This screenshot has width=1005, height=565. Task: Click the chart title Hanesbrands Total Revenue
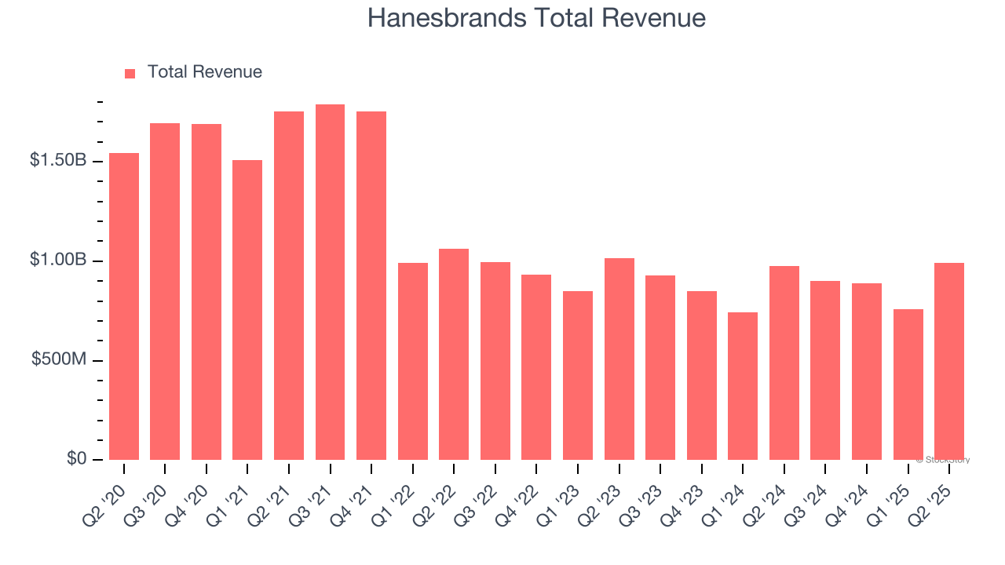(x=536, y=18)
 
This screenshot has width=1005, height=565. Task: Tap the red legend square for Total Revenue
(x=130, y=73)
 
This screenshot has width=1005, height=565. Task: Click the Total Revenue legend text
(x=204, y=72)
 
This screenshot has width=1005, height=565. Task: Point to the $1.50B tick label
(x=58, y=160)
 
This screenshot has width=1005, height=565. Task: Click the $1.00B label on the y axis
(x=58, y=260)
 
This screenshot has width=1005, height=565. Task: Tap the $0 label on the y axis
(x=77, y=459)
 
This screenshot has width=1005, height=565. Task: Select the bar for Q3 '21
(x=330, y=282)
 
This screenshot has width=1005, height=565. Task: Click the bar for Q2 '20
(x=124, y=306)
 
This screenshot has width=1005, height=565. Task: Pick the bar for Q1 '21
(x=247, y=310)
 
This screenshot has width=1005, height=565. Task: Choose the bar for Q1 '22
(x=412, y=361)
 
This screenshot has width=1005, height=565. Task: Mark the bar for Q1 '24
(x=743, y=386)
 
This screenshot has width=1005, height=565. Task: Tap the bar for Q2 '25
(x=948, y=361)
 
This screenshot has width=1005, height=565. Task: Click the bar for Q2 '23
(x=619, y=359)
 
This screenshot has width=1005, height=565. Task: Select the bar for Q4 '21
(x=371, y=286)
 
